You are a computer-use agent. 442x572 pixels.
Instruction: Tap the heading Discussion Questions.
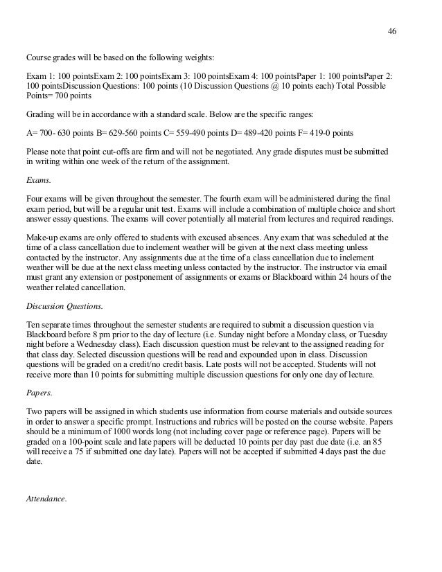pos(60,302)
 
